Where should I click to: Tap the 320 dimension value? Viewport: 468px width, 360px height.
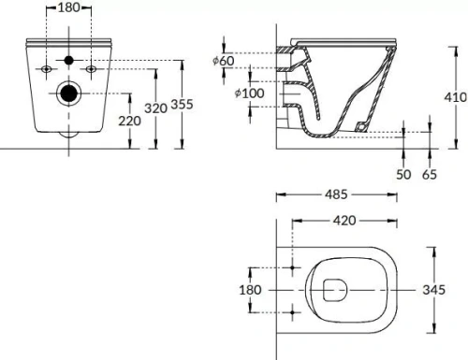pos(156,108)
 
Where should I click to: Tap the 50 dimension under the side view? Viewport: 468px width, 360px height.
pos(403,174)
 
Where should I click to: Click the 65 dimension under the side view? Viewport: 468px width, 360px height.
pos(430,174)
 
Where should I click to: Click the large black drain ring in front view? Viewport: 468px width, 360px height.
pos(68,94)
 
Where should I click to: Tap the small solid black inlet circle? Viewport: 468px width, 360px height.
pos(68,62)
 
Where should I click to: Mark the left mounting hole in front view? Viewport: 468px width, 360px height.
pos(47,69)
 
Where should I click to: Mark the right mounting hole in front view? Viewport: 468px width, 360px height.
pos(91,69)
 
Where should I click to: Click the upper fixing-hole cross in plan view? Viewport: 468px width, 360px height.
pos(294,269)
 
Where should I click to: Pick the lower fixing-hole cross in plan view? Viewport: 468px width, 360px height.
pos(294,311)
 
